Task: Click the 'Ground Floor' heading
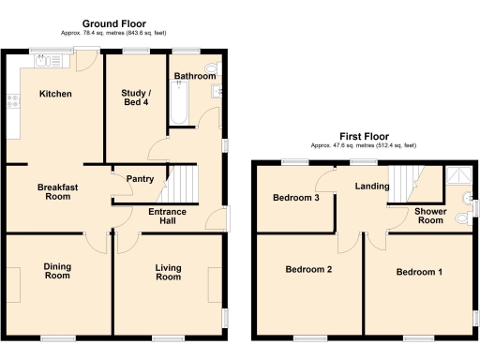coord(112,22)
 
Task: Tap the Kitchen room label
coord(54,94)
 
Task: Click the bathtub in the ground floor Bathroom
coord(178,101)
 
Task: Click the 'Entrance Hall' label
coord(167,217)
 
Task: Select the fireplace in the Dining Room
coord(14,278)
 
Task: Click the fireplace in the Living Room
coord(216,278)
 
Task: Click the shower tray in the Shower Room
coord(458,175)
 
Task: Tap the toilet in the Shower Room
coord(461,218)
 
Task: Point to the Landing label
coord(372,187)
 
